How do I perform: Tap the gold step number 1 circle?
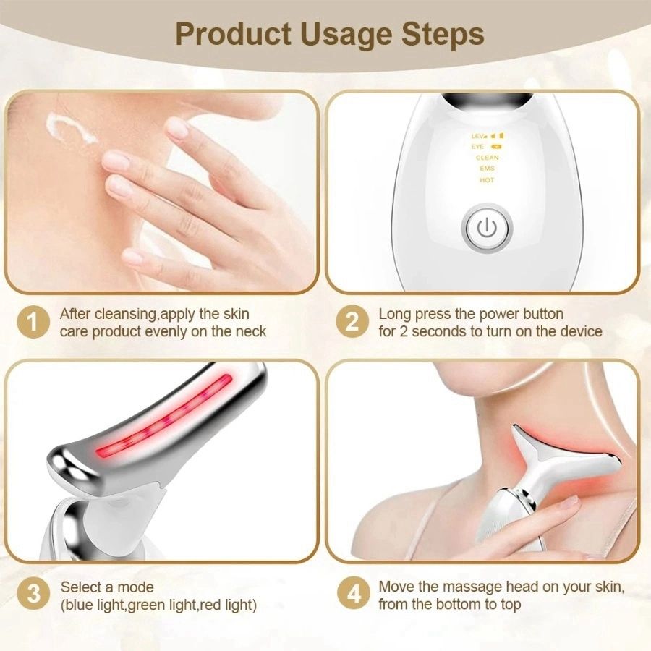[33, 323]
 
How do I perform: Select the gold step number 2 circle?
[352, 323]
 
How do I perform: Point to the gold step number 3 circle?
[33, 595]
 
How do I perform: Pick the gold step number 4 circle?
[352, 595]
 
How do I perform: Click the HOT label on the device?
[487, 180]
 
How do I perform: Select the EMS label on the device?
[487, 169]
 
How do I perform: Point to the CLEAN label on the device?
[487, 158]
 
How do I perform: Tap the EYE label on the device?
[478, 147]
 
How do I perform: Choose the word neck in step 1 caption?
[250, 332]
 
